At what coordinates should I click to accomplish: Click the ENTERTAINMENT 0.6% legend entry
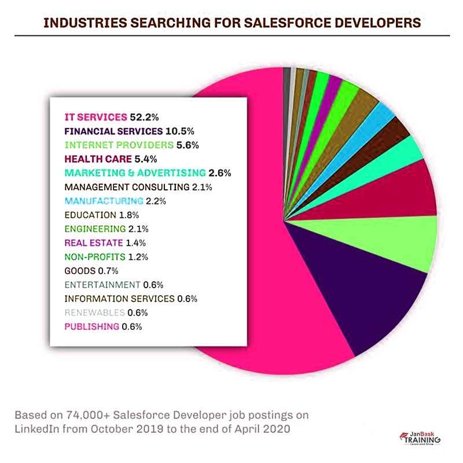pos(114,285)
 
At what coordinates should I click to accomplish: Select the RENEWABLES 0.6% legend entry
pos(106,313)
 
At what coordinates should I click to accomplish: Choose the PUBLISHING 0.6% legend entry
pos(103,326)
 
